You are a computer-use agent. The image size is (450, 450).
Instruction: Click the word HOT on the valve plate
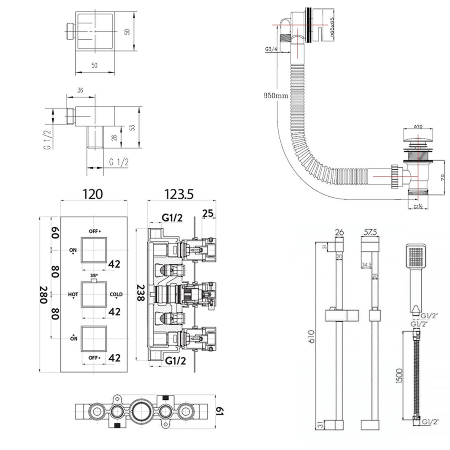[x=73, y=294]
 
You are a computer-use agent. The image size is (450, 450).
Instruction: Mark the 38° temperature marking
[x=93, y=274]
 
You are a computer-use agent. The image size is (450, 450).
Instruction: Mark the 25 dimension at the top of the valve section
[x=207, y=214]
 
